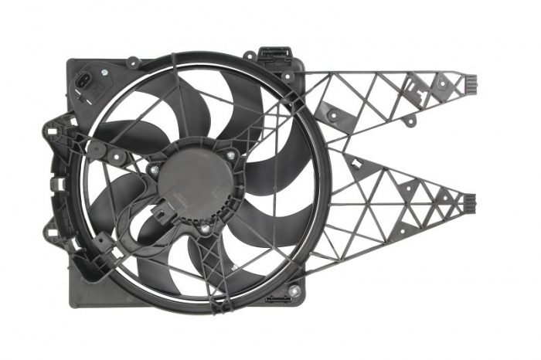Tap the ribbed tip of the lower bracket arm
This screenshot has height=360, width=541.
click(x=470, y=203)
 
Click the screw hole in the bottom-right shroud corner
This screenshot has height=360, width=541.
click(x=294, y=290)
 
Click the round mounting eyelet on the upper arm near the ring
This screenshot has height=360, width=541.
click(x=332, y=115)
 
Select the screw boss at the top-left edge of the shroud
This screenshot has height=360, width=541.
click(x=131, y=61)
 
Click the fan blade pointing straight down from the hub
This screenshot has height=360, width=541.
click(x=189, y=263)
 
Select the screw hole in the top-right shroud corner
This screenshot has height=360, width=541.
click(x=288, y=76)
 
